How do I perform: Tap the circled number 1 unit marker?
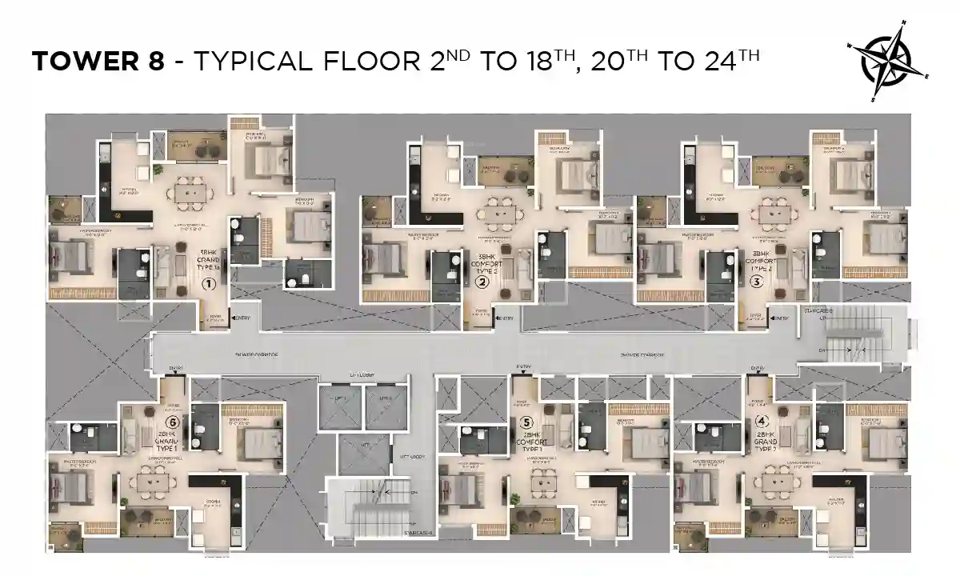pyautogui.click(x=209, y=283)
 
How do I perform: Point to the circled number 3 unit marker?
pyautogui.click(x=756, y=281)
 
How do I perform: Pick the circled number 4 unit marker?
pyautogui.click(x=761, y=421)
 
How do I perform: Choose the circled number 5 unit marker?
pyautogui.click(x=526, y=421)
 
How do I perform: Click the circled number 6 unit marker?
pyautogui.click(x=170, y=422)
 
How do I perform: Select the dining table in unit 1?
pyautogui.click(x=192, y=193)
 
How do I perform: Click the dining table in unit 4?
pyautogui.click(x=773, y=482)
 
